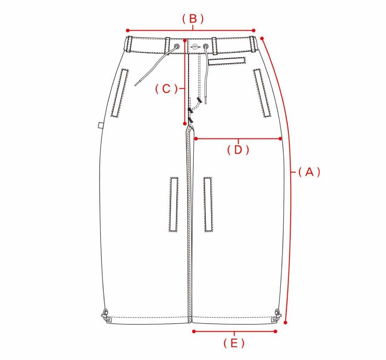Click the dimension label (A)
tap(309, 172)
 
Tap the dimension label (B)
tap(193, 19)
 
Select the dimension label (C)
tap(167, 89)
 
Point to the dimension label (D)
tap(238, 150)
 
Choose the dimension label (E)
tap(234, 343)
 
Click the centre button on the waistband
tap(195, 46)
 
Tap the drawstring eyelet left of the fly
tap(177, 46)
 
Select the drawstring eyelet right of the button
tap(206, 46)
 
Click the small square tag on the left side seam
tap(100, 125)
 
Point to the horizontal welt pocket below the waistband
tap(227, 61)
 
